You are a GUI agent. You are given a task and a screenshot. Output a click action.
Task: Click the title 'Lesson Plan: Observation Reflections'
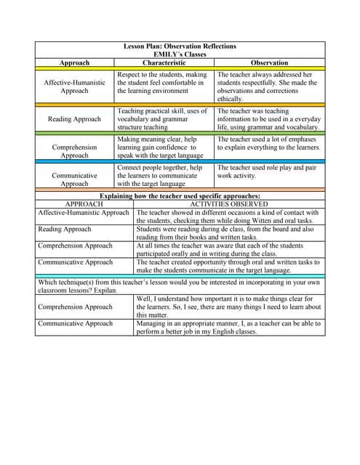tap(180, 46)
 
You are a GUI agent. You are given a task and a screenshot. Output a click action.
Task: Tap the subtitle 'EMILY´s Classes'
tap(180, 54)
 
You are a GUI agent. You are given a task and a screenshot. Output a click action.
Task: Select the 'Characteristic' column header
tap(164, 63)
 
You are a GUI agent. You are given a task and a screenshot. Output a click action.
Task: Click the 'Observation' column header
tap(269, 63)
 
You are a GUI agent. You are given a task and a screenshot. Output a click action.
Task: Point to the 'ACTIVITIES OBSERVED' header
tap(229, 205)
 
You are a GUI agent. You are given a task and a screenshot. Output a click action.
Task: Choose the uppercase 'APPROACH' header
tap(84, 205)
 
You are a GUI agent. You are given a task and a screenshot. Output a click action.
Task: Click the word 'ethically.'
tap(231, 99)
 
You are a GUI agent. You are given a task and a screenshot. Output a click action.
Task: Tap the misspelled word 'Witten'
tap(265, 221)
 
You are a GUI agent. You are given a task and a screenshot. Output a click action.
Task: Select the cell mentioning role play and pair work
tap(269, 171)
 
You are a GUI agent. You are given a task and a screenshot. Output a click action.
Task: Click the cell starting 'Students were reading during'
tap(230, 233)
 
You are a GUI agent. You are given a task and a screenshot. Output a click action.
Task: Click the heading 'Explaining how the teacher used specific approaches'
tap(180, 196)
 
